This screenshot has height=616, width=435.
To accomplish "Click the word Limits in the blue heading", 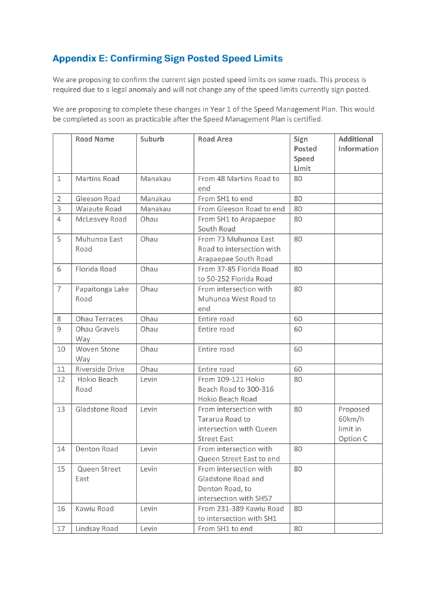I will click(x=267, y=59).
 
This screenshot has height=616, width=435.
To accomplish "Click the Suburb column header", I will click(x=151, y=139).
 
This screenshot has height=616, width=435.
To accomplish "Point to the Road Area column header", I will click(x=215, y=139).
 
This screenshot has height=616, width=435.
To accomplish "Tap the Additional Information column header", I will click(x=357, y=144).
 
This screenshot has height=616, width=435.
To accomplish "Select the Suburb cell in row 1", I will click(x=154, y=179).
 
